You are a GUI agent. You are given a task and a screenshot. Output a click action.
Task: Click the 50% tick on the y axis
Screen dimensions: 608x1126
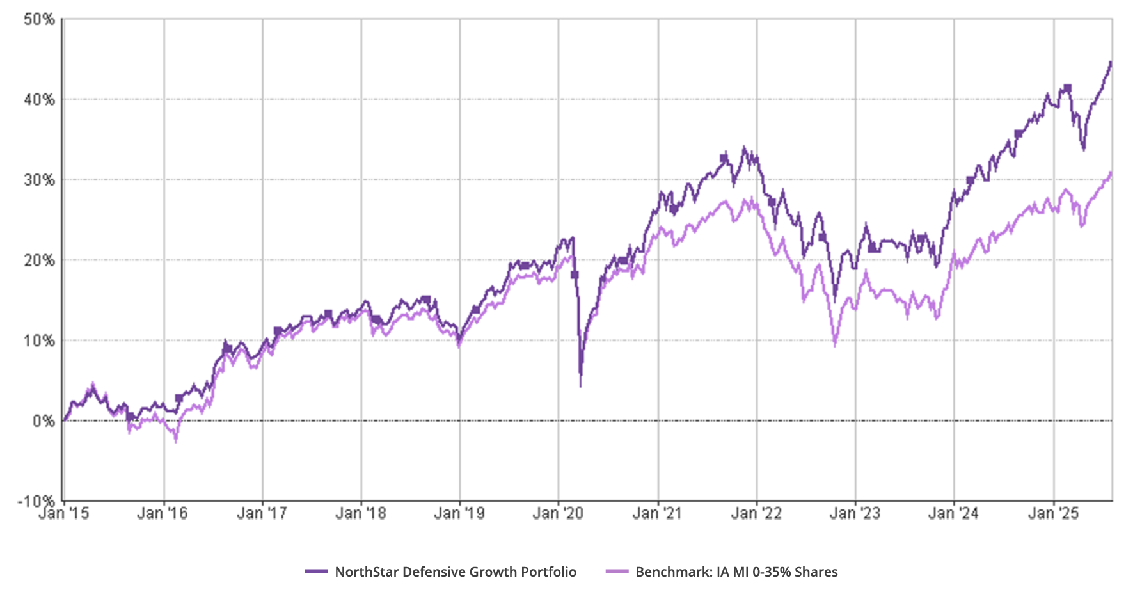point(40,19)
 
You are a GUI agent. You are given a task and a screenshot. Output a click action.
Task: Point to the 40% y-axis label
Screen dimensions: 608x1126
point(40,100)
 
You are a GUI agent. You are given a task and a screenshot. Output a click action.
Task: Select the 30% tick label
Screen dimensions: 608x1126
point(40,180)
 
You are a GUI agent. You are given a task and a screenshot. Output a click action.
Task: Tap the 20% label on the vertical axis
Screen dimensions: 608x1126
point(40,260)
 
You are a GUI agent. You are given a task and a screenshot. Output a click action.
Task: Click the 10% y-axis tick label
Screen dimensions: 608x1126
point(40,340)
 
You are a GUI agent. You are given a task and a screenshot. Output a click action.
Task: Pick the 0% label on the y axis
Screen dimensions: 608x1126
point(44,421)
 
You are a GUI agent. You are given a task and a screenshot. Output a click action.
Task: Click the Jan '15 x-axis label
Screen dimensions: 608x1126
point(64,513)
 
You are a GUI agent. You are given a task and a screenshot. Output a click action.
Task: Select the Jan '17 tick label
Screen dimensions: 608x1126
point(262,513)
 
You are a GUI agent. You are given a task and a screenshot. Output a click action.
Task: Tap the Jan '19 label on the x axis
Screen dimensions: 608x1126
point(459,513)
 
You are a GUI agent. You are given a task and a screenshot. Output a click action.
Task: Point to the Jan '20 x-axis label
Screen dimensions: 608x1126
point(559,513)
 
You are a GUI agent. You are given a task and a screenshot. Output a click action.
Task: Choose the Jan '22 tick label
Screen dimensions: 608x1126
point(756,513)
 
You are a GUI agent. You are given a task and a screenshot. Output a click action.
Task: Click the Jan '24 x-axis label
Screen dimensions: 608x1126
point(953,513)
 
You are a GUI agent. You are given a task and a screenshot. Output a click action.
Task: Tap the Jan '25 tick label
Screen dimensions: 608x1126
point(1053,513)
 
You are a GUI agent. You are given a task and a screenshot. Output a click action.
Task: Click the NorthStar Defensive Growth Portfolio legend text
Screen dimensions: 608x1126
point(456,572)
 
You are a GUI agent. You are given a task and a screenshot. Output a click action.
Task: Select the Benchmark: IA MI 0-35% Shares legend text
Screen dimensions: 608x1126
point(736,572)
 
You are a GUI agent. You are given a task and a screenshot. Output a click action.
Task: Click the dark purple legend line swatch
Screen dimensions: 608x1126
point(317,572)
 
